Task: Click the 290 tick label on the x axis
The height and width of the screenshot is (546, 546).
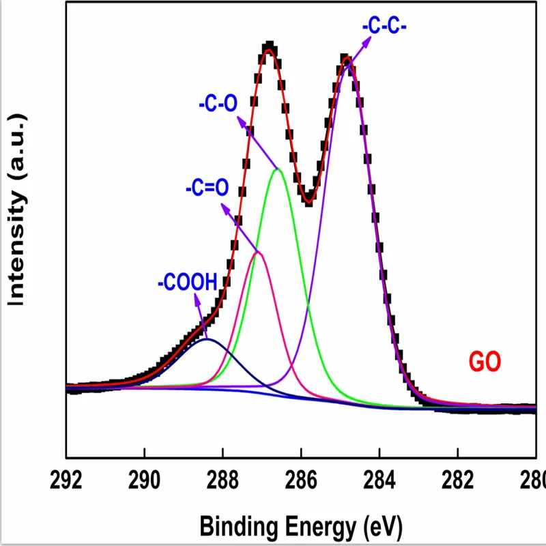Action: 144,480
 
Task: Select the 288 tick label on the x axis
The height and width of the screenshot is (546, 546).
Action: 222,480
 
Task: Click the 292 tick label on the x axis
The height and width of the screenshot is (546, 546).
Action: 66,480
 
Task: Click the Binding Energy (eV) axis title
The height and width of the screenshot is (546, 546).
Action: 301,526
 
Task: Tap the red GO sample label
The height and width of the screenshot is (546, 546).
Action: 486,362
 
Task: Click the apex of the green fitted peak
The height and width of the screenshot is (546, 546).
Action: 278,168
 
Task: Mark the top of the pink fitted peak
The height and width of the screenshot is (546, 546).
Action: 258,252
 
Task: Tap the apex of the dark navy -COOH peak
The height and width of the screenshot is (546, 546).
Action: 207,339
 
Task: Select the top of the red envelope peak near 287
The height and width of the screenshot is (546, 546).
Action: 269,49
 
